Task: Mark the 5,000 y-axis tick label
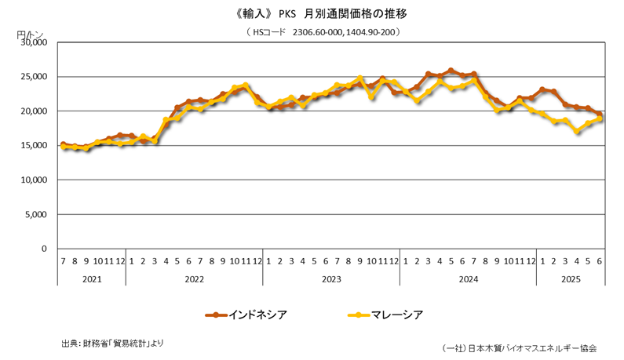pyautogui.click(x=35, y=214)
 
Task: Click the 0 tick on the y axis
pyautogui.click(x=45, y=249)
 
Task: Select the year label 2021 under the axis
pyautogui.click(x=91, y=278)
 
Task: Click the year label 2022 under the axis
pyautogui.click(x=194, y=278)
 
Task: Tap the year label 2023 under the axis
pyautogui.click(x=330, y=278)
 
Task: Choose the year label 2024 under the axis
pyautogui.click(x=468, y=278)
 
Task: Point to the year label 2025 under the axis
pyautogui.click(x=571, y=278)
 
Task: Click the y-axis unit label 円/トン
pyautogui.click(x=30, y=35)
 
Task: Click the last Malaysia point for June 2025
pyautogui.click(x=600, y=118)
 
